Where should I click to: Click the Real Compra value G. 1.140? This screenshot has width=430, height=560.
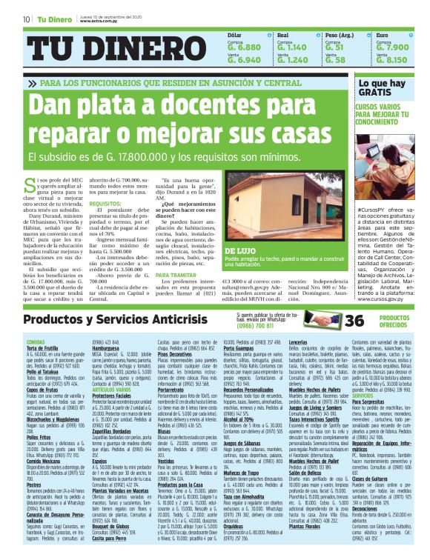tap(291, 47)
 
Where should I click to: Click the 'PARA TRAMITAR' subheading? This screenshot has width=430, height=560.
tap(178, 276)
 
